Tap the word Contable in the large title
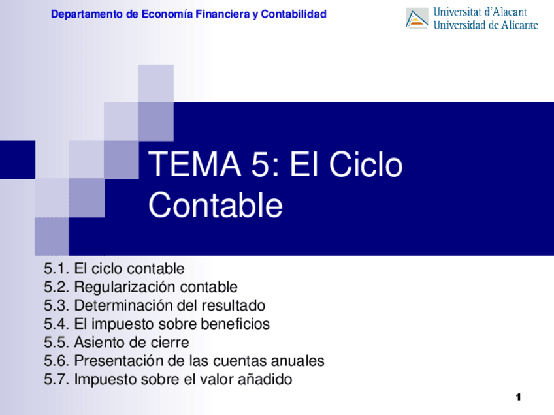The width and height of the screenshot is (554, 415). tap(216, 206)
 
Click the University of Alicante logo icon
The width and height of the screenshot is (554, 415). tap(417, 18)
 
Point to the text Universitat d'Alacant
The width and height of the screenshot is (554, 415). tap(480, 12)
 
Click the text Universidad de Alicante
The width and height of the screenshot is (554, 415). tap(485, 25)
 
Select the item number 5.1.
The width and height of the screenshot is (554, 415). tap(56, 269)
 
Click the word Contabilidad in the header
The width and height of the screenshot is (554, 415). tap(293, 14)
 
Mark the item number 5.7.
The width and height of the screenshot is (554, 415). tap(56, 379)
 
